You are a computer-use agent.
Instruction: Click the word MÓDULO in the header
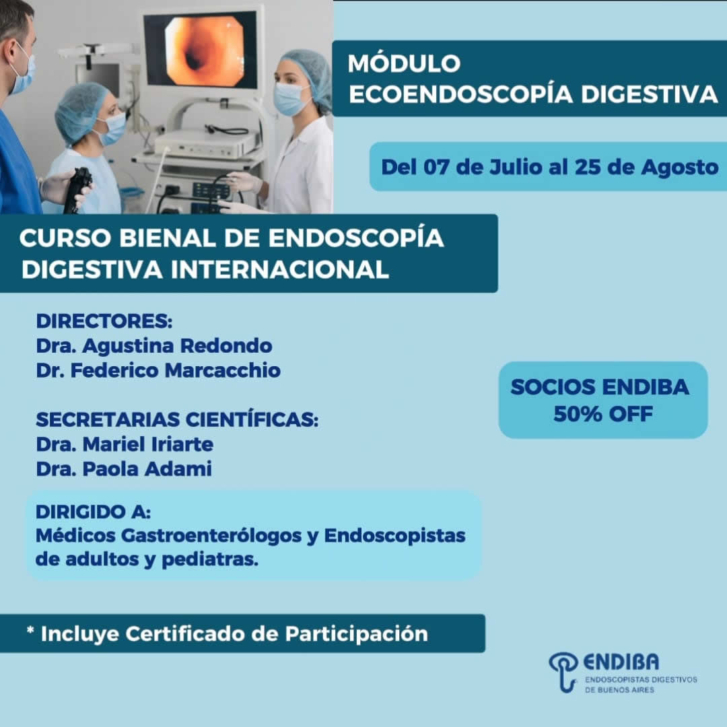(404, 63)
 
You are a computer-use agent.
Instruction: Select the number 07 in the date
(436, 168)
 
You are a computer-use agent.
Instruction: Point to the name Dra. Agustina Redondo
(154, 347)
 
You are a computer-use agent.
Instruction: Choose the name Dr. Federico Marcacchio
(158, 370)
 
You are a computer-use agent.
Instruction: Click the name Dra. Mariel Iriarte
(125, 444)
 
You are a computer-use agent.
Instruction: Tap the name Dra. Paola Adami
(124, 469)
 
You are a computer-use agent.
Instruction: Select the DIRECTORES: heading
(104, 321)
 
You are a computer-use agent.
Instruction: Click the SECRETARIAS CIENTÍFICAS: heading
(177, 419)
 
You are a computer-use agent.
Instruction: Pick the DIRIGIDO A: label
(93, 512)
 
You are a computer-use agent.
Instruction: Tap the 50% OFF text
(602, 414)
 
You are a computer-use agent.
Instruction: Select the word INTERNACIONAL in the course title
(279, 269)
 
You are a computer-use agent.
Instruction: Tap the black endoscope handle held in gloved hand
(77, 190)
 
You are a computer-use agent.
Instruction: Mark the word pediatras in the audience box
(210, 559)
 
